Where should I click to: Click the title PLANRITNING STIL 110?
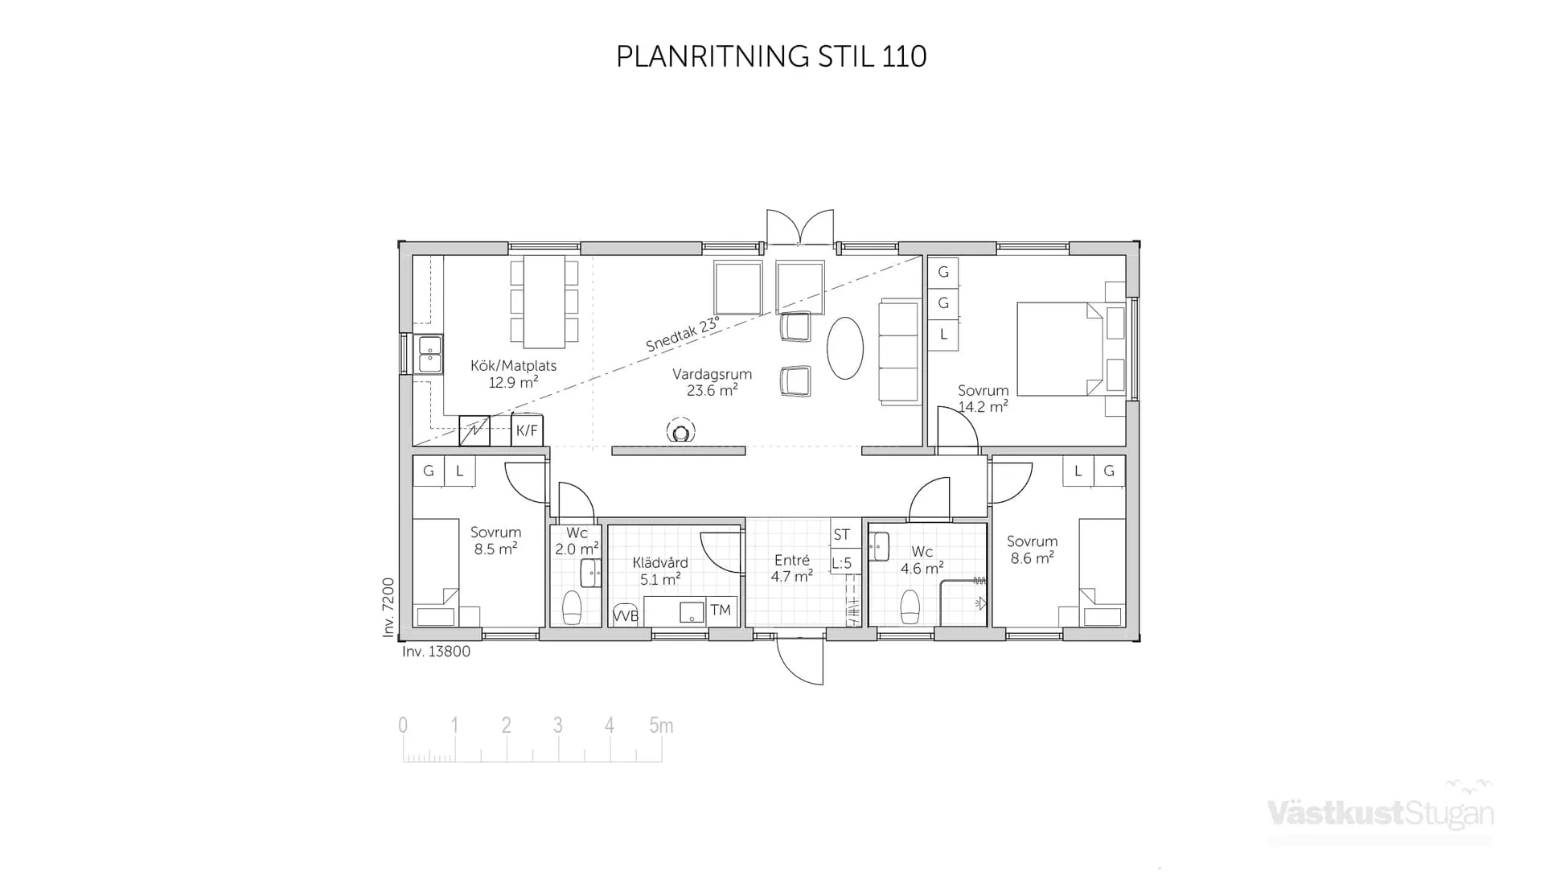click(770, 56)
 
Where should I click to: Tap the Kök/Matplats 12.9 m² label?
click(513, 374)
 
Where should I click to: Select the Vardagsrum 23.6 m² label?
click(712, 382)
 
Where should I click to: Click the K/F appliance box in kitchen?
click(527, 430)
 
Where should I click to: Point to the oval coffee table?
click(845, 348)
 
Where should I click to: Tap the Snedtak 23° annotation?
click(682, 335)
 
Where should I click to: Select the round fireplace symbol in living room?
click(681, 433)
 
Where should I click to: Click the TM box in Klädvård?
click(721, 610)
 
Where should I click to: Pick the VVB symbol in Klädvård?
click(625, 615)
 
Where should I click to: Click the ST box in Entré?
click(841, 534)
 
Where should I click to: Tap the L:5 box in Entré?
click(841, 563)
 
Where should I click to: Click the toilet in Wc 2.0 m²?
click(572, 607)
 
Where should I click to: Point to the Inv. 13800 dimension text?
click(436, 652)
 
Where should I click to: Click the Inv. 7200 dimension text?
click(388, 607)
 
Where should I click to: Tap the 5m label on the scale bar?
click(661, 726)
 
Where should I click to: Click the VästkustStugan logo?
click(1380, 812)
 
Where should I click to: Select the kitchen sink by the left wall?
click(429, 355)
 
